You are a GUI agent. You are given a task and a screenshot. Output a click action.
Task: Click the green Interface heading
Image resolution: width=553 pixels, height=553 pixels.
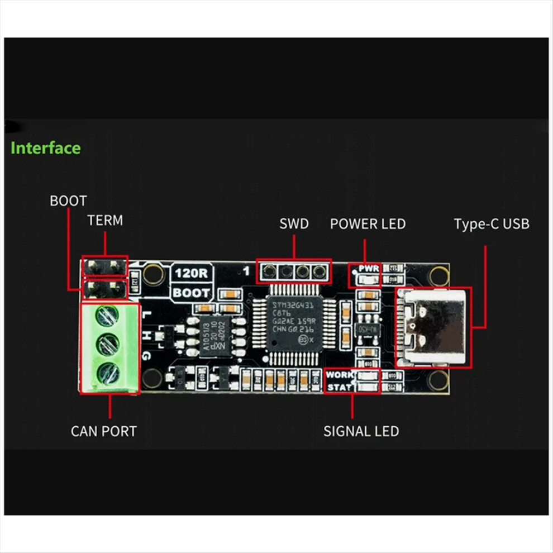[46, 148]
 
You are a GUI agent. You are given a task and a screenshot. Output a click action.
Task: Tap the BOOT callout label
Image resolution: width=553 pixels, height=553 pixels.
[68, 201]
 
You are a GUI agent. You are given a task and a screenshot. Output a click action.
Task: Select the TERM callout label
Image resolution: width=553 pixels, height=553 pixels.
[104, 220]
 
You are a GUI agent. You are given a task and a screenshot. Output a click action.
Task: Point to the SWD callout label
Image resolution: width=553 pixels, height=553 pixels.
[294, 224]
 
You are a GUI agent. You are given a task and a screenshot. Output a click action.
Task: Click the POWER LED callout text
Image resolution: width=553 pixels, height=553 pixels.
[368, 224]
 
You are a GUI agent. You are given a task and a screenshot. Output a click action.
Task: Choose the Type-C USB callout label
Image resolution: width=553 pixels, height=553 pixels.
[492, 224]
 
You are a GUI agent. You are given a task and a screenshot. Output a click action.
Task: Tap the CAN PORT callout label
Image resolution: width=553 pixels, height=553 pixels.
[103, 431]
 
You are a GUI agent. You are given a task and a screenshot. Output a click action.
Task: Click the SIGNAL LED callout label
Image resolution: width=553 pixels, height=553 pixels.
[361, 431]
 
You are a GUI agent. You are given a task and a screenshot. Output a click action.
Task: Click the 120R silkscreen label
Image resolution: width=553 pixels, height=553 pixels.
[191, 273]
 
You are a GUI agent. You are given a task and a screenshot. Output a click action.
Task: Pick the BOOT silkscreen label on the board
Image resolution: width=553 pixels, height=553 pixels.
[191, 293]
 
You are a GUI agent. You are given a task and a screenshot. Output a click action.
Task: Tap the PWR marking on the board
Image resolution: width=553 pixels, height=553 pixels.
[369, 269]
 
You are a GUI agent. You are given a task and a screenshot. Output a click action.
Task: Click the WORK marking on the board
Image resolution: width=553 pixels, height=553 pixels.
[340, 375]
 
